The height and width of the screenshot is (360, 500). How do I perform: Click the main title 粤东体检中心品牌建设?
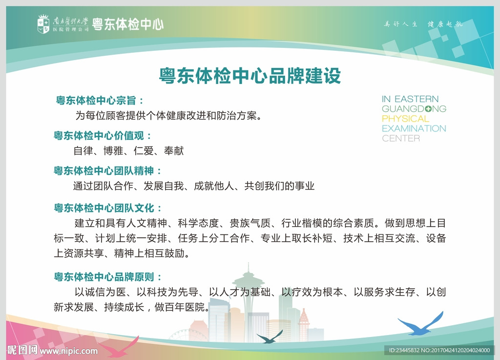(x=250, y=76)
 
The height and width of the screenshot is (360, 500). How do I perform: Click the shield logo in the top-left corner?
(x=43, y=24)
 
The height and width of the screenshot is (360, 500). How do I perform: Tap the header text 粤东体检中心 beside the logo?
(x=128, y=24)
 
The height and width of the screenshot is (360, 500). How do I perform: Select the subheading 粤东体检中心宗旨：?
(x=100, y=101)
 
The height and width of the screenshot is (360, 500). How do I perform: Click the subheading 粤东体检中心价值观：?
(x=103, y=135)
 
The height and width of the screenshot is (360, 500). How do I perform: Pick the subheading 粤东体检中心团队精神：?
(x=107, y=171)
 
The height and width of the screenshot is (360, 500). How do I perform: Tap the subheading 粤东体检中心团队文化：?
(x=107, y=208)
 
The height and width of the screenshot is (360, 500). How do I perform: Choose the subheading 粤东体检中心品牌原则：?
(x=107, y=277)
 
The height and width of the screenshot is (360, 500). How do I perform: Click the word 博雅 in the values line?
(x=113, y=151)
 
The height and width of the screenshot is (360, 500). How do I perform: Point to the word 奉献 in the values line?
(x=174, y=151)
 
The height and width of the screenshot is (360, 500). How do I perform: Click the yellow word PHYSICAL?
(x=405, y=119)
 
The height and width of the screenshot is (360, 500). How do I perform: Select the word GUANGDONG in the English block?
(x=414, y=109)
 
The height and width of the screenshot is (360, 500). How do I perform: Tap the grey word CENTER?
(x=401, y=138)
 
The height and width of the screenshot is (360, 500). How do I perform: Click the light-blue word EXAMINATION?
(x=414, y=128)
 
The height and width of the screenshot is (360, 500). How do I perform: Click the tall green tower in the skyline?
(x=248, y=293)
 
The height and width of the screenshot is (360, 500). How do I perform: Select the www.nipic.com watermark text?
(x=68, y=351)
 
